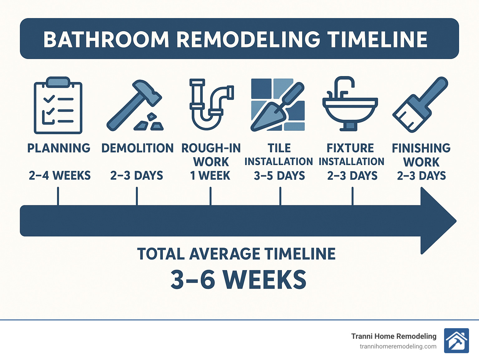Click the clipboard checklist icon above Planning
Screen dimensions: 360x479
(x=58, y=105)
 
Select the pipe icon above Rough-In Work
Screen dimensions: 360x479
(x=211, y=104)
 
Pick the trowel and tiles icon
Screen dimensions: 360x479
(x=278, y=105)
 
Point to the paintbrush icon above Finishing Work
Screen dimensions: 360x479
(x=420, y=104)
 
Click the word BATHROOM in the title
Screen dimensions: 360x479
(x=106, y=40)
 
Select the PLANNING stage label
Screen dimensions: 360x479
(x=59, y=148)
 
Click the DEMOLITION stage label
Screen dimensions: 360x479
(x=138, y=148)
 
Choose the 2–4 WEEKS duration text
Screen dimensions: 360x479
(x=60, y=176)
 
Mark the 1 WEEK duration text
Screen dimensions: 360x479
(x=210, y=176)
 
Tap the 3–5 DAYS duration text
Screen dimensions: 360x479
(x=279, y=176)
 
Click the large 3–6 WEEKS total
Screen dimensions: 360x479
(x=239, y=280)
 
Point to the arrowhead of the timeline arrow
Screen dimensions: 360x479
(x=437, y=221)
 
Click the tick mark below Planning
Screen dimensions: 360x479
(x=58, y=196)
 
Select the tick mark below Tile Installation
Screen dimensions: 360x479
(x=280, y=196)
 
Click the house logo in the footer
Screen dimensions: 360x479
(x=456, y=341)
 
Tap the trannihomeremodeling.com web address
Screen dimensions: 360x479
(x=398, y=347)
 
